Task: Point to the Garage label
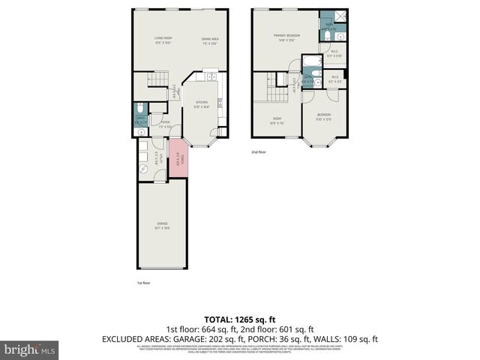162,224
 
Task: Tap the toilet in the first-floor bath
142,132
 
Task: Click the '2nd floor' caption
258,152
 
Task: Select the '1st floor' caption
144,283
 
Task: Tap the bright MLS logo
29,349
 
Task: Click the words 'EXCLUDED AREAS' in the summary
133,339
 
